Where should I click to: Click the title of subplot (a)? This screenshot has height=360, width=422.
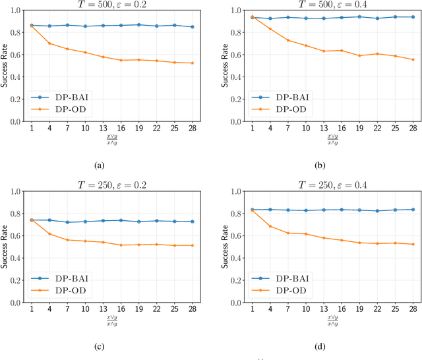pos(112,5)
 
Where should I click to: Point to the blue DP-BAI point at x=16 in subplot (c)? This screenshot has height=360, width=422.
pos(121,220)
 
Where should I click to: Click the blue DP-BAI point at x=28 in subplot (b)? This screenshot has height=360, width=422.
pos(413,17)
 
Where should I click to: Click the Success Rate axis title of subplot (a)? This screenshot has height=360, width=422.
pos(5,66)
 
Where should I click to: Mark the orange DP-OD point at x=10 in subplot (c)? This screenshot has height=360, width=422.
pos(85,241)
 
